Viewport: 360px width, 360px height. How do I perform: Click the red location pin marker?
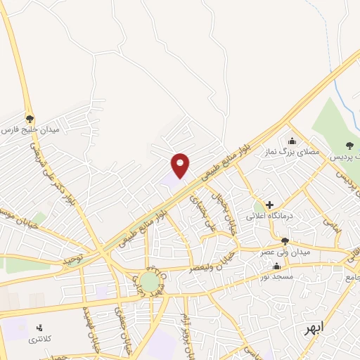tap(181, 165)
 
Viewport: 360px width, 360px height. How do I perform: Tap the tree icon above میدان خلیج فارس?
tap(30, 118)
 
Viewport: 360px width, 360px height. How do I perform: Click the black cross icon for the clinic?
tap(269, 205)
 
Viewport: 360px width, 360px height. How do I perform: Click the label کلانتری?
tap(40, 340)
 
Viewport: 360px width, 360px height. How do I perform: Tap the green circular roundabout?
tap(149, 281)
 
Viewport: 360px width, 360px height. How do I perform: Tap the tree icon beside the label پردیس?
tap(350, 146)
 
